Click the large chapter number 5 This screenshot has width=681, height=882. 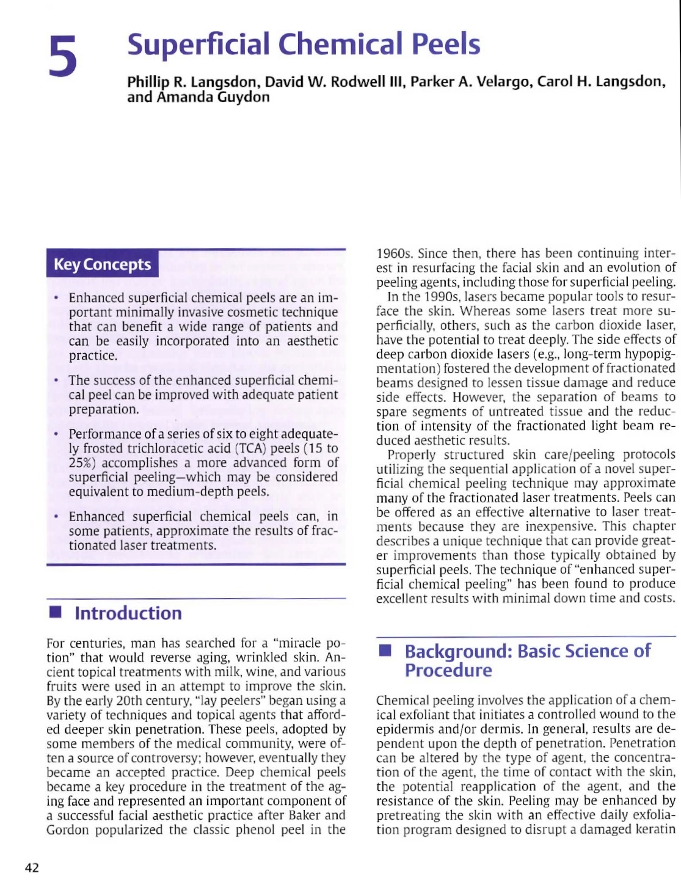pos(64,56)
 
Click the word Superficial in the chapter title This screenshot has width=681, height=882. pos(198,44)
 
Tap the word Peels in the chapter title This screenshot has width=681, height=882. pos(445,44)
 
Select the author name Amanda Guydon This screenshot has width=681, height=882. pos(213,97)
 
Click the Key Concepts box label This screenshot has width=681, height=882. pos(102,264)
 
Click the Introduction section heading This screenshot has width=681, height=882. pos(128,613)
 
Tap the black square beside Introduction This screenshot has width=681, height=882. pos(56,613)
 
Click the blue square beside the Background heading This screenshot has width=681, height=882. pos(385,651)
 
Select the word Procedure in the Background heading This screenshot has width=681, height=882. pos(448,670)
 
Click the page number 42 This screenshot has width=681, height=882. pos(32,868)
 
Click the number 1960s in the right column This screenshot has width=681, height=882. pos(395,253)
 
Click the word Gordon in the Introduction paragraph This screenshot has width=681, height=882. pos(67,830)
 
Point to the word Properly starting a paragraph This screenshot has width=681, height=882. pos(412,455)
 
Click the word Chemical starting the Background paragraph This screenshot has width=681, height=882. pos(402,701)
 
